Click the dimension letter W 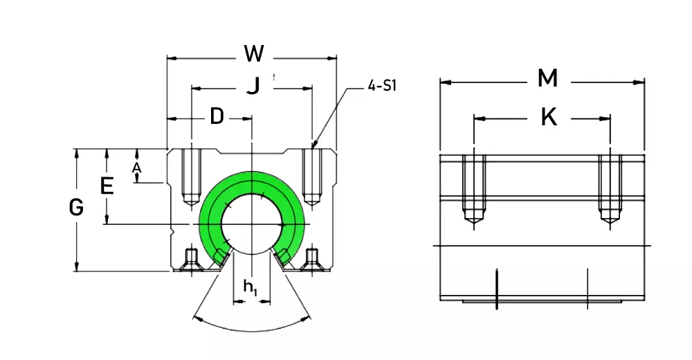254,53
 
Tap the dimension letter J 254,86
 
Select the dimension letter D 217,117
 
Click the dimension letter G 77,207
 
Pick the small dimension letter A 137,168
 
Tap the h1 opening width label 251,287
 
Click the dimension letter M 547,79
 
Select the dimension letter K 548,117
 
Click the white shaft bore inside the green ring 251,222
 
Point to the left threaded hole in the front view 190,177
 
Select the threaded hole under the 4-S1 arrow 312,177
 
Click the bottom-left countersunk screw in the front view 190,261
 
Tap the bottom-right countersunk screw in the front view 311,261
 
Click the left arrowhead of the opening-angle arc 197,318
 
